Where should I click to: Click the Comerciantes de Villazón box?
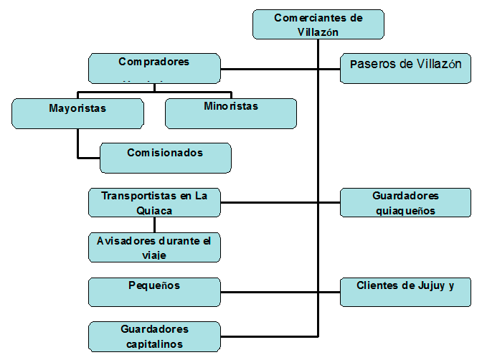pos(318,24)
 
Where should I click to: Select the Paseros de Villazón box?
pos(405,68)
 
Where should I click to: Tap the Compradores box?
pos(154,68)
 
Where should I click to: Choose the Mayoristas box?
pos(77,113)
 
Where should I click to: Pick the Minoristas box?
pos(230,113)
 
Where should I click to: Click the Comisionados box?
pos(165,158)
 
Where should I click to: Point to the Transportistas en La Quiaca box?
pos(154,202)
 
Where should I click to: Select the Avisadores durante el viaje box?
pos(154,247)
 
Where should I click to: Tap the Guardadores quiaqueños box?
pos(405,202)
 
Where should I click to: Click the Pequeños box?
pos(154,292)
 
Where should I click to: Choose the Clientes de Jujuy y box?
pos(405,292)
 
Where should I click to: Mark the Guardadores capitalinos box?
pos(154,337)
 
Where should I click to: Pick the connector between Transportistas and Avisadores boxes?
pos(154,224)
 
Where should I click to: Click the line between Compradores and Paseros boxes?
pos(280,69)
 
